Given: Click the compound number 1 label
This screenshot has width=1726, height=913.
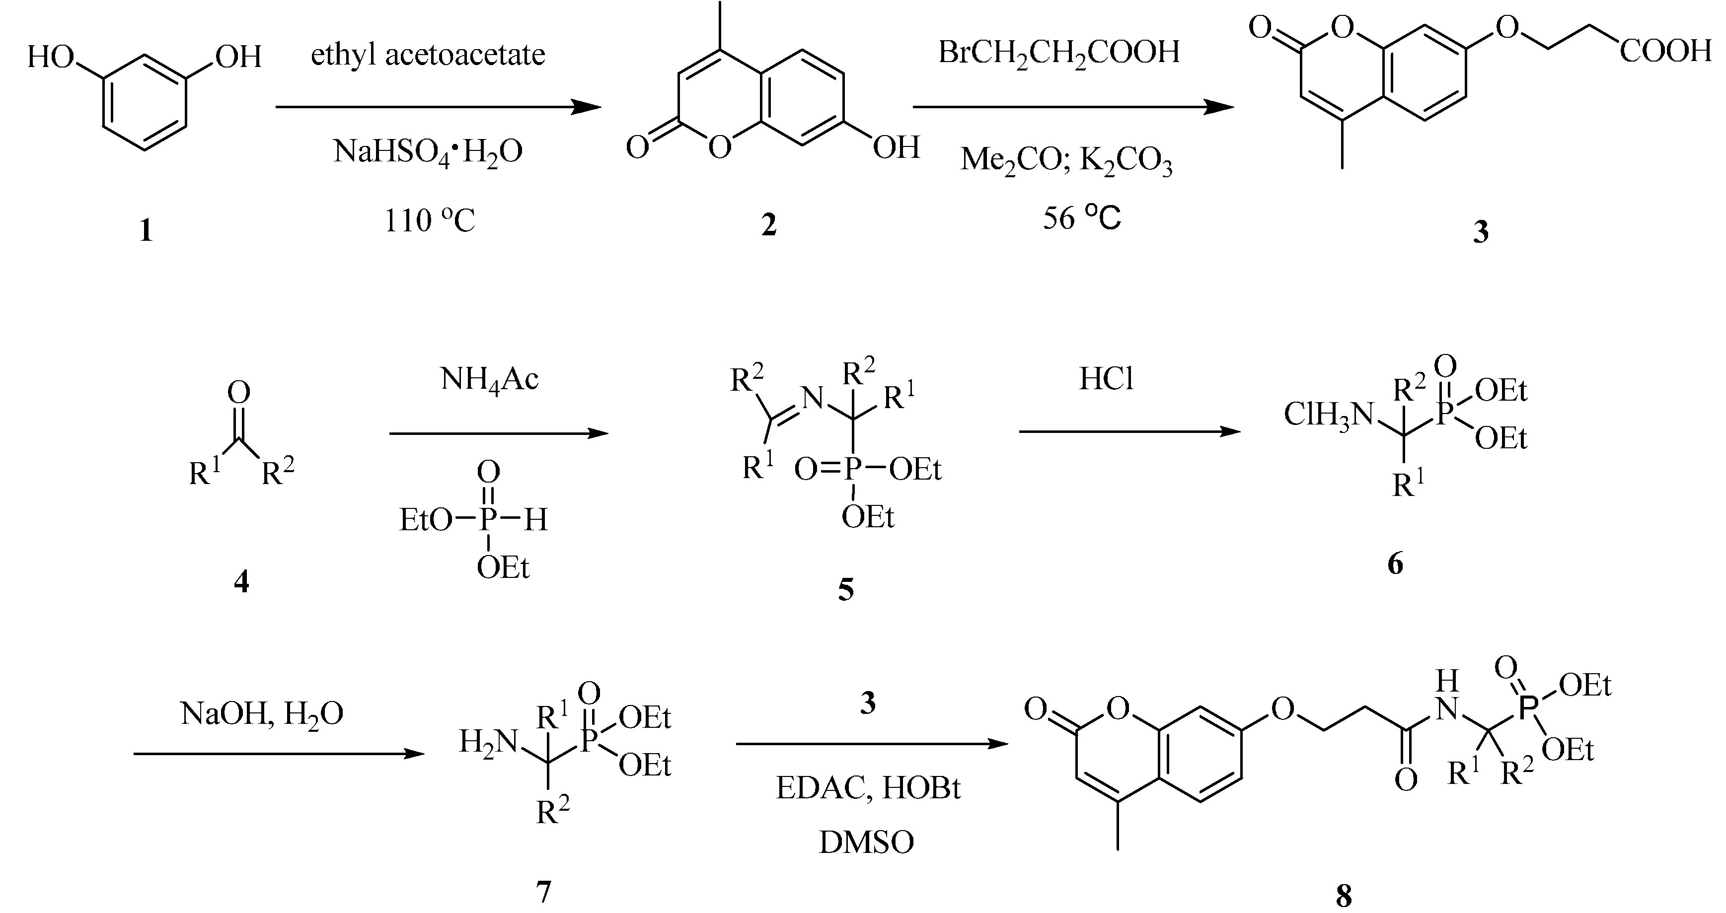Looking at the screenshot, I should tap(146, 231).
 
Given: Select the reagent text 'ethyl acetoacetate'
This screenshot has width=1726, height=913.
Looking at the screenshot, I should tap(428, 54).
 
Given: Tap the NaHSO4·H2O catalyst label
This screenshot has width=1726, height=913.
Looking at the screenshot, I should tap(428, 152).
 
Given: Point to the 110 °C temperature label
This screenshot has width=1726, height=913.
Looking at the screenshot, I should tap(430, 220).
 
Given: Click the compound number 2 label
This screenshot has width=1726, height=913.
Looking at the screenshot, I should tap(768, 225).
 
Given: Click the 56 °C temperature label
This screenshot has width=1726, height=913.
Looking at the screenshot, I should tap(1081, 217).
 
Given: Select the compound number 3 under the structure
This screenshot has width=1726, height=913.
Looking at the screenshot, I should tap(1481, 231).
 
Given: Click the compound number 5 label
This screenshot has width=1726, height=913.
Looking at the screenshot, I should tap(845, 589).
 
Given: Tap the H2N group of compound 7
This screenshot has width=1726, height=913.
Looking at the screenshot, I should tap(488, 742).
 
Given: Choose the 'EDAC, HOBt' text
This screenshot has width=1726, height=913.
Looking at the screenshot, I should tap(868, 788).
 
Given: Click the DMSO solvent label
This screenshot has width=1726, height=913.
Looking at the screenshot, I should tap(866, 842).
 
